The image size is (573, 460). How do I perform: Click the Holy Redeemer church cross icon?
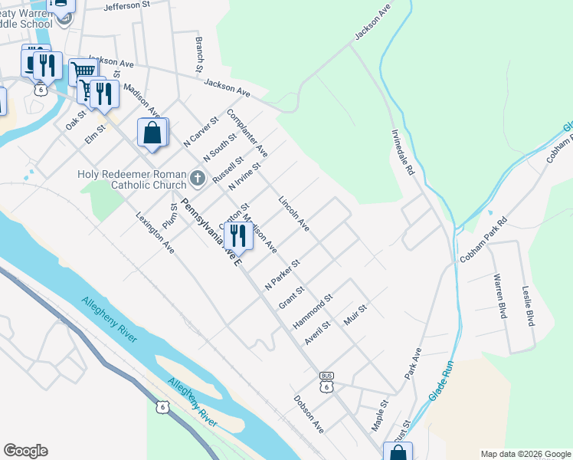(198, 180)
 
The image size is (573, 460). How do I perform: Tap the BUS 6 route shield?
(327, 382)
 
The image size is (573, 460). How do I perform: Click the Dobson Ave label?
(309, 414)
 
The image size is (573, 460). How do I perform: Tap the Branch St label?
(198, 54)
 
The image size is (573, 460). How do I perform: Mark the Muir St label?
(356, 314)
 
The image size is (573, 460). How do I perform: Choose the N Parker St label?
(281, 273)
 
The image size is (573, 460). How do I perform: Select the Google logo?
(25, 451)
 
